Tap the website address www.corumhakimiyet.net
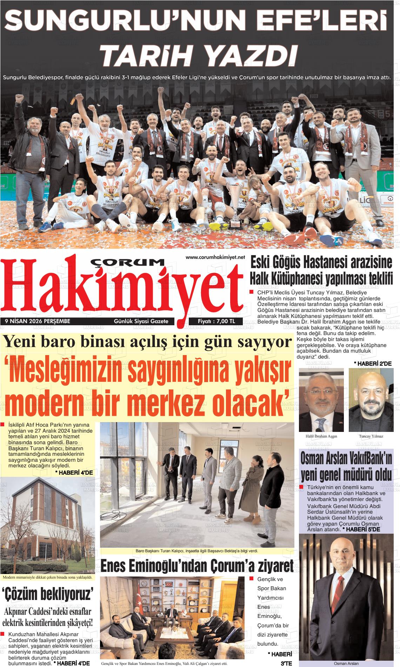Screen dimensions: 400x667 tap(215, 258)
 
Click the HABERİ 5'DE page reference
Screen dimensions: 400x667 tap(361, 529)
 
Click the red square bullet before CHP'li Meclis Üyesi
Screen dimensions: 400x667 tap(251, 292)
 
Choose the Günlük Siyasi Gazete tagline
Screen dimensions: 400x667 tap(141, 321)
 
